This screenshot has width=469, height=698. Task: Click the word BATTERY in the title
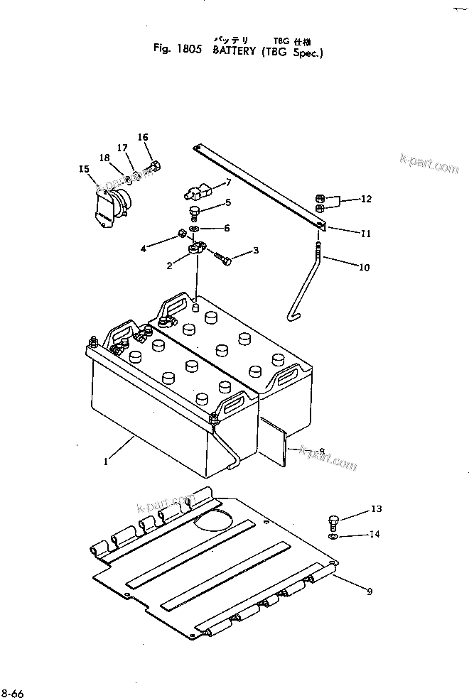(x=234, y=51)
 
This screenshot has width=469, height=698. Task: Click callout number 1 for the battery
(x=106, y=461)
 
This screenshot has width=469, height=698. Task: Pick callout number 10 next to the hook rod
(x=365, y=268)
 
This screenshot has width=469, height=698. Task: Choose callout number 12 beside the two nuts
(x=366, y=200)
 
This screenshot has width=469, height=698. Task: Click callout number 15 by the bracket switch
(x=85, y=169)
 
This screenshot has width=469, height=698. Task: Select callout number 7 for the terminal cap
(x=228, y=183)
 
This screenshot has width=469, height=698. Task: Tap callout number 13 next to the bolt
(x=376, y=508)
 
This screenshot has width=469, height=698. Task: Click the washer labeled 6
(x=195, y=229)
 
